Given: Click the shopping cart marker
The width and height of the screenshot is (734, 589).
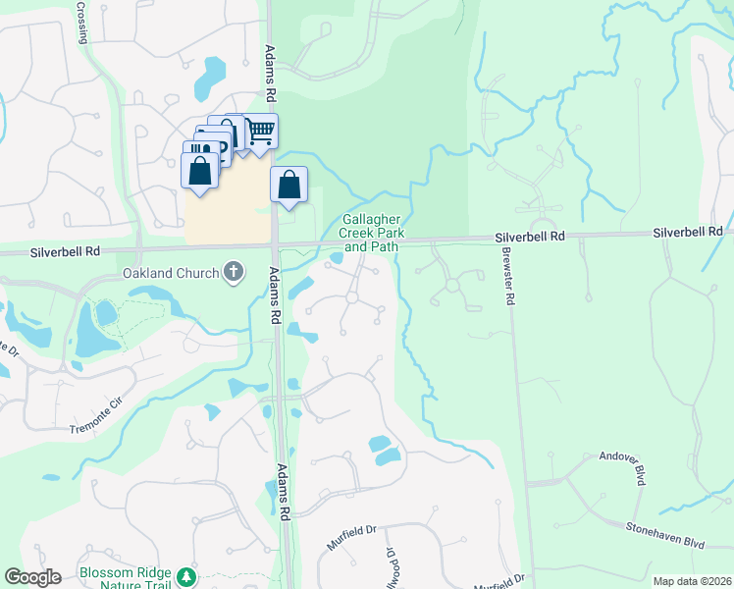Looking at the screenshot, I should [x=260, y=131].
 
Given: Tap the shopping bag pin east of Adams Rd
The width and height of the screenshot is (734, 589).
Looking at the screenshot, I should [x=289, y=184].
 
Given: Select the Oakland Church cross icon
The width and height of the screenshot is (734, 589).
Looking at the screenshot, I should [x=234, y=271].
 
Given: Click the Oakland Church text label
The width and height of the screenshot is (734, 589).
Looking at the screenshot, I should [x=170, y=272].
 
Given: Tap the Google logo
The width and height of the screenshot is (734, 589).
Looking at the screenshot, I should [x=32, y=576].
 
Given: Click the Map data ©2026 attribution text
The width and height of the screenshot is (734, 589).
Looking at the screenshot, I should [x=692, y=581].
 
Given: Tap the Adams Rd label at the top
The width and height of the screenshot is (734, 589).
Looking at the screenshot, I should [x=269, y=72].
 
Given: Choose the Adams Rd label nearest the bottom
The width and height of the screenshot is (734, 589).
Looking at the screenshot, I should [x=285, y=492].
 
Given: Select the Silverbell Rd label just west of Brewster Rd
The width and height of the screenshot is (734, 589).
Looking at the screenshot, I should [x=531, y=237].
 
